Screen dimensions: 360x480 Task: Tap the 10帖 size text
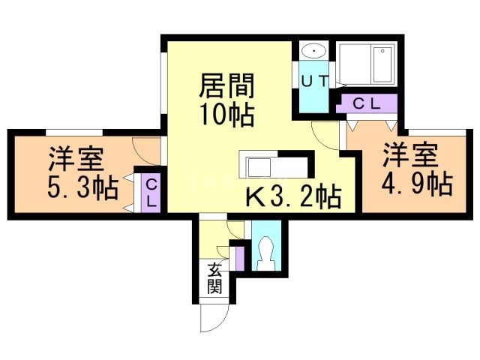click(x=226, y=115)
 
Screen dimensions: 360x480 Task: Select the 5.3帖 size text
click(x=82, y=187)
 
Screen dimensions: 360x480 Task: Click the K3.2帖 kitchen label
click(x=294, y=197)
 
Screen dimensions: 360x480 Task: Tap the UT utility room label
click(x=313, y=81)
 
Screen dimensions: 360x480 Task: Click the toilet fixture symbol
click(x=265, y=250)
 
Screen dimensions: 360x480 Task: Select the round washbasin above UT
click(x=313, y=51)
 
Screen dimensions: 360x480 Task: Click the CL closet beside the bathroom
click(x=367, y=103)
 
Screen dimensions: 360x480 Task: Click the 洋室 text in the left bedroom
click(x=76, y=160)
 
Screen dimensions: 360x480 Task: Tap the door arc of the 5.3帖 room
click(x=144, y=151)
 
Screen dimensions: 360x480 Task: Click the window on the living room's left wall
click(x=163, y=83)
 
